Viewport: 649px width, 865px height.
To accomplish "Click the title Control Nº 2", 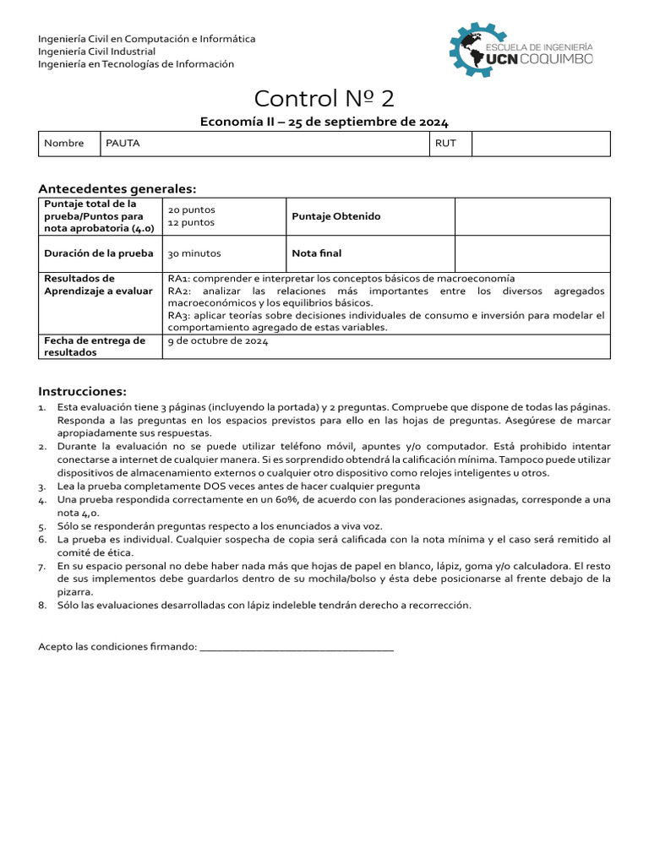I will (x=324, y=99).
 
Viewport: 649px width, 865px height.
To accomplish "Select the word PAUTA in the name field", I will (x=123, y=144).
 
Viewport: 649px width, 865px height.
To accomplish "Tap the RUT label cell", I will (x=445, y=144).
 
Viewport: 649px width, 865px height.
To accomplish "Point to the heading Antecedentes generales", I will (x=117, y=188).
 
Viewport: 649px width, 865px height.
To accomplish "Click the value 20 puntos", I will (x=192, y=209).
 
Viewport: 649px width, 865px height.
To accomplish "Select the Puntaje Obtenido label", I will (x=336, y=216).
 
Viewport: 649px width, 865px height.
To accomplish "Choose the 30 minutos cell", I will (x=194, y=253).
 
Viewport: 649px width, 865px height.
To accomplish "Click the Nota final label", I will (x=317, y=253).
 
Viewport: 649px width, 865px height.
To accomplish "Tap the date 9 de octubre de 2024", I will (x=218, y=341).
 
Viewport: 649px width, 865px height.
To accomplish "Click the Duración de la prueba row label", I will (x=99, y=253).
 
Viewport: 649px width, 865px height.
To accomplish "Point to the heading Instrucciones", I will (x=82, y=391).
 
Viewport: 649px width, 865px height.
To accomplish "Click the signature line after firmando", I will (x=297, y=647).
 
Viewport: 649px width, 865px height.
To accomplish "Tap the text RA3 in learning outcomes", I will (x=177, y=316).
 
